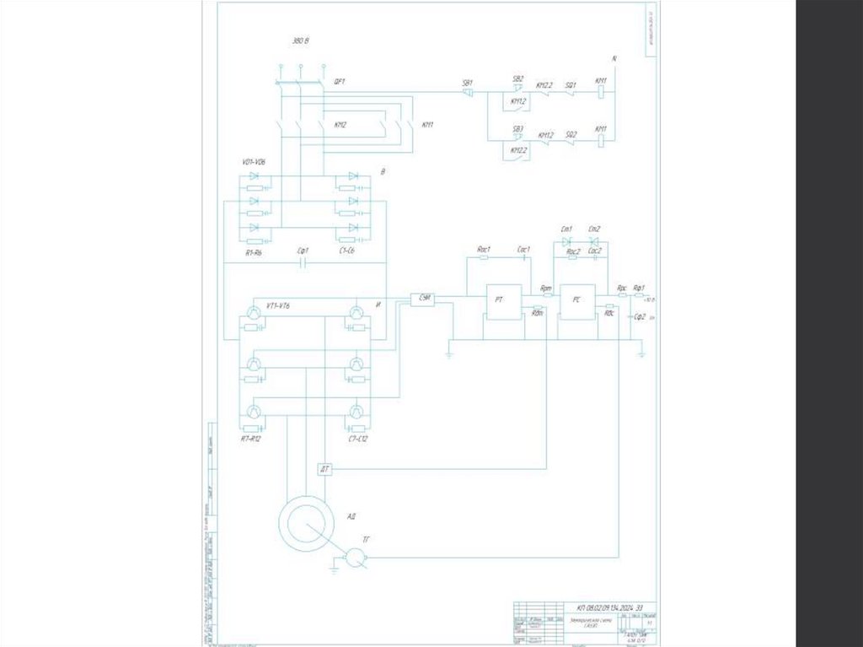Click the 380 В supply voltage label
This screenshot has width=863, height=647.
(299, 40)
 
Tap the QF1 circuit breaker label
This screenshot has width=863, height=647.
(340, 82)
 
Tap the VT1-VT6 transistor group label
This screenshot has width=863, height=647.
(277, 305)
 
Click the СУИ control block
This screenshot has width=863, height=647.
(421, 299)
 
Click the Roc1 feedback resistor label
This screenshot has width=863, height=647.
(484, 249)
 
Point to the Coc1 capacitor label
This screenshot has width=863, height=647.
(522, 249)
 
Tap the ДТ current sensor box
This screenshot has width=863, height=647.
(326, 469)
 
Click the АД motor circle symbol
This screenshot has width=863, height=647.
(304, 523)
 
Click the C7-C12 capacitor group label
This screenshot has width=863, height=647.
(357, 439)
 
